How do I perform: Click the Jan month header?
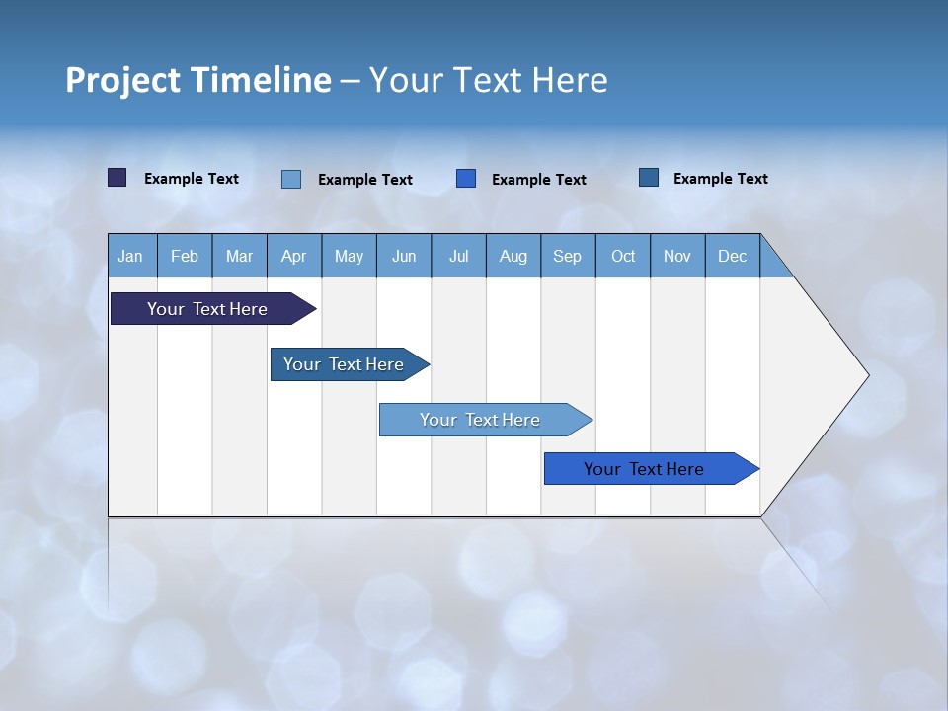coord(131,256)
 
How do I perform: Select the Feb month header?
coord(185,256)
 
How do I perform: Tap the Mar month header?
coord(239,256)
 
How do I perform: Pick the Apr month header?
coord(294,256)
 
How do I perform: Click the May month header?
coord(349,256)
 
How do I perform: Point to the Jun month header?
coord(404,256)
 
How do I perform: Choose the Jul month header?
coord(458,256)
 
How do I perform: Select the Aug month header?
coord(513,256)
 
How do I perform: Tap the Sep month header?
coord(568,256)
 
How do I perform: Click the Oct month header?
coord(623,256)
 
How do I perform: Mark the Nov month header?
coord(677,256)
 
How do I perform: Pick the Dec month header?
coord(733,256)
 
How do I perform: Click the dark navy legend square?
coord(118,178)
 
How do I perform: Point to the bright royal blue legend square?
coord(466,179)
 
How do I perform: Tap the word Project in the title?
coord(122,80)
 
